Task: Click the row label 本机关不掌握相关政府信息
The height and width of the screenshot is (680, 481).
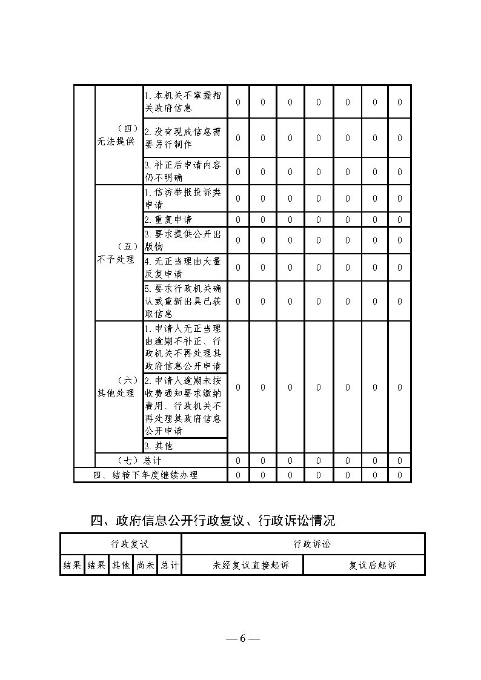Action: pyautogui.click(x=185, y=102)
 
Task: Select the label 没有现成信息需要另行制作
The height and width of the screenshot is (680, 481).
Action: pyautogui.click(x=185, y=137)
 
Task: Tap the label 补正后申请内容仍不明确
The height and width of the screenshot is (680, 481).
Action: pyautogui.click(x=185, y=171)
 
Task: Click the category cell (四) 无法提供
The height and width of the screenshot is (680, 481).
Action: pyautogui.click(x=119, y=135)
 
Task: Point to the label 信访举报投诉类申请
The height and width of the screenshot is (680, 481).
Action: pyautogui.click(x=185, y=199)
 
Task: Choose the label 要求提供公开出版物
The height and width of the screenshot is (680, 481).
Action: pyautogui.click(x=185, y=240)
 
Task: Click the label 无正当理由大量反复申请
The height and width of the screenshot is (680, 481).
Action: pyautogui.click(x=185, y=267)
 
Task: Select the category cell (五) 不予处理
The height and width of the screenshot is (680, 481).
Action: pyautogui.click(x=119, y=253)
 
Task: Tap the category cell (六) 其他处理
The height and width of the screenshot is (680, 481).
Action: pyautogui.click(x=119, y=387)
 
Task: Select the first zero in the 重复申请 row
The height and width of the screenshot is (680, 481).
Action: pyautogui.click(x=237, y=220)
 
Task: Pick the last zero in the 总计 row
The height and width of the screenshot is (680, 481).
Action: pyautogui.click(x=399, y=461)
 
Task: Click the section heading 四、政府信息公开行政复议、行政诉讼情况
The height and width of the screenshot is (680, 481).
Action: pyautogui.click(x=212, y=520)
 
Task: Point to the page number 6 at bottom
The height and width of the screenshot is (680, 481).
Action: pyautogui.click(x=242, y=638)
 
